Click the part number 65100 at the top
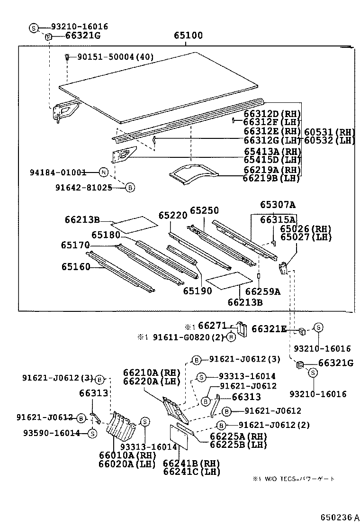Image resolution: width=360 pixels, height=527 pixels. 188,36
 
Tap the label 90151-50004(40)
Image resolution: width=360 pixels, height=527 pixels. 116,57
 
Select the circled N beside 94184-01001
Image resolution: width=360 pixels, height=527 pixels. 104,173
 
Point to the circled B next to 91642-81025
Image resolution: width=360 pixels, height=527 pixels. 130,188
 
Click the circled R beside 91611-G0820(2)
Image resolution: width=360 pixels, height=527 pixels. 230,337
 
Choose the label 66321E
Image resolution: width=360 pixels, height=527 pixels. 269,328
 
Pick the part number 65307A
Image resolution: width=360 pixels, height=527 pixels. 278,205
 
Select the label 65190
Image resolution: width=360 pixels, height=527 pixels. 198,291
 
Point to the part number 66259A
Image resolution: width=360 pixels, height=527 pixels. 263,291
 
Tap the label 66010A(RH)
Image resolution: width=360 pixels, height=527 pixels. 127,455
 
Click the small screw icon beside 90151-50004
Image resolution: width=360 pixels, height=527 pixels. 68,57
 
